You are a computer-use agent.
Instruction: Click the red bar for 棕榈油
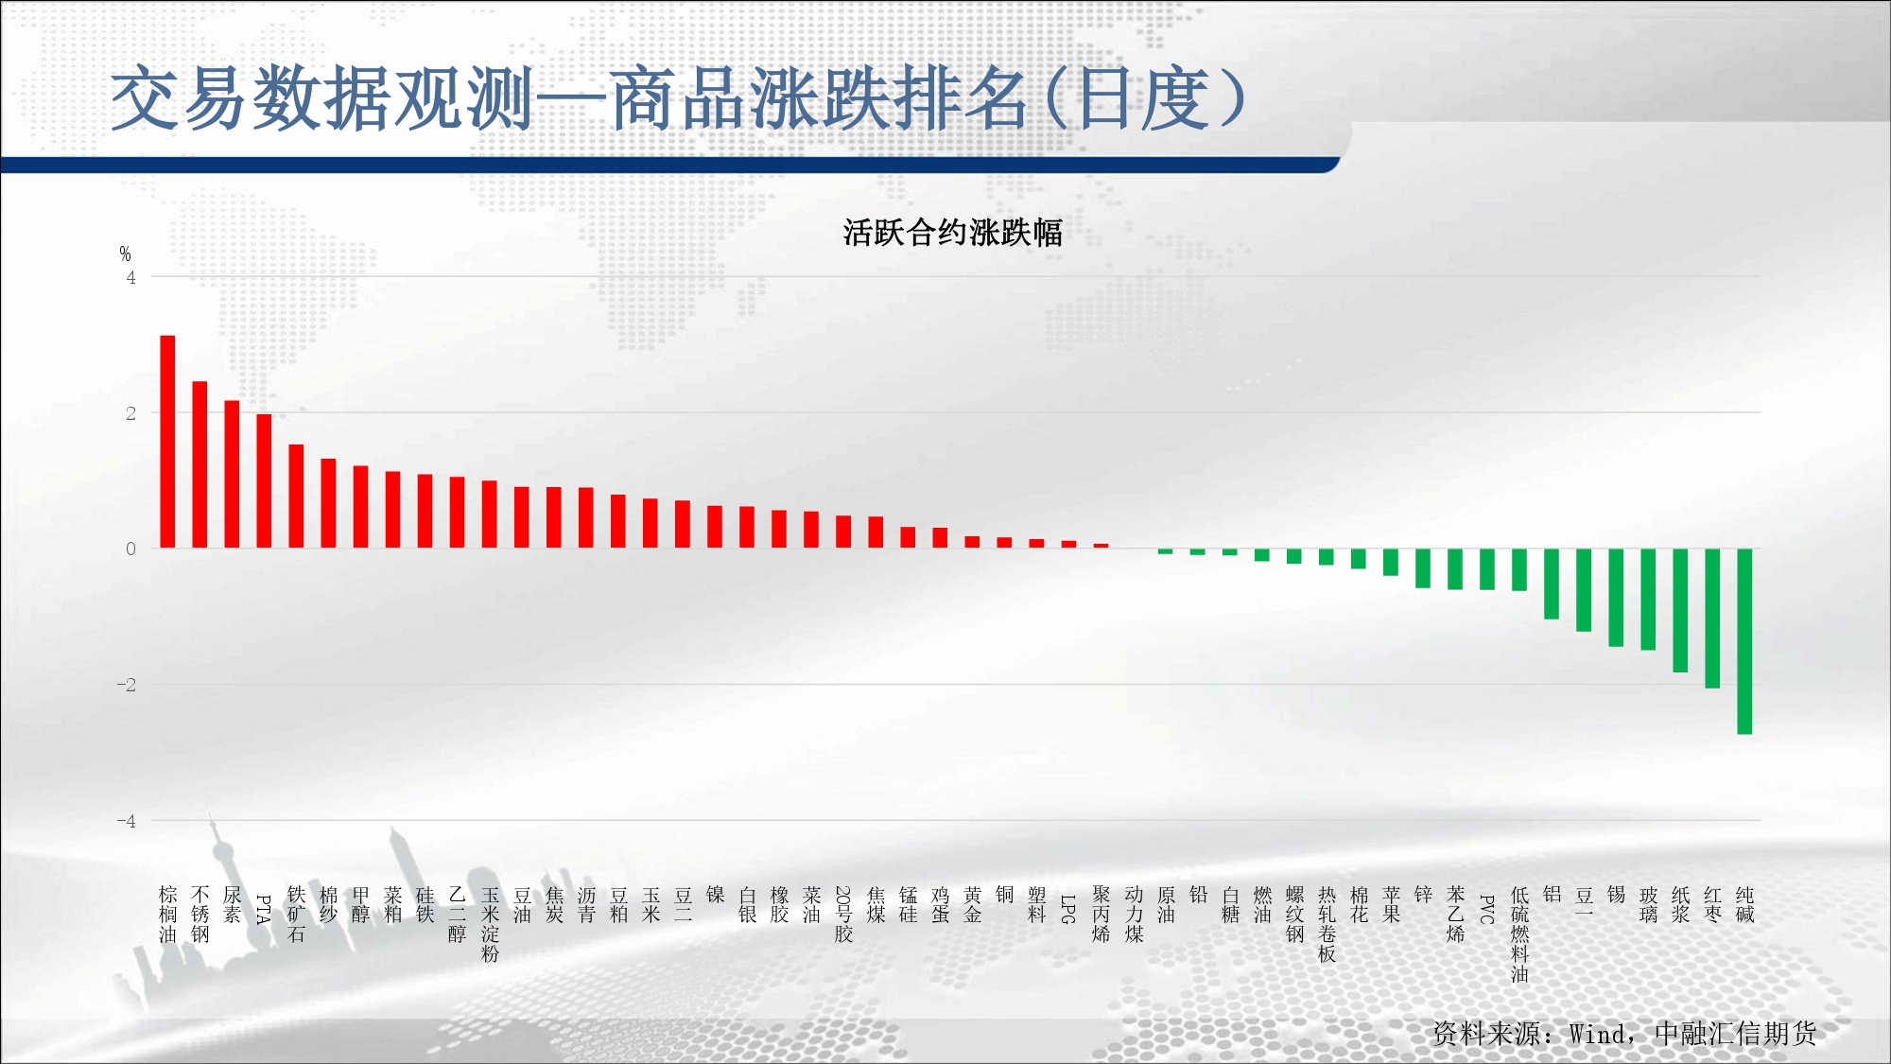tap(167, 442)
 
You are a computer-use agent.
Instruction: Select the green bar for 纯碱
tap(1744, 641)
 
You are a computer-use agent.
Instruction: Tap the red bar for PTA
tap(264, 481)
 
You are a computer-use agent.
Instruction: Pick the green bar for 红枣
tap(1712, 619)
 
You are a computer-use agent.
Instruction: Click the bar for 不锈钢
tap(200, 464)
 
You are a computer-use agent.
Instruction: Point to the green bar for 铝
tap(1552, 584)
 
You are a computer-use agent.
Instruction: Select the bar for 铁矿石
tap(296, 497)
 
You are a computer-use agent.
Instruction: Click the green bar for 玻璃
tap(1648, 600)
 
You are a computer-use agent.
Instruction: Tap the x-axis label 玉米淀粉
tap(490, 924)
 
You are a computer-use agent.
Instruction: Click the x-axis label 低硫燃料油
tap(1519, 934)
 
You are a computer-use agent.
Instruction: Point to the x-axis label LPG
tap(1068, 909)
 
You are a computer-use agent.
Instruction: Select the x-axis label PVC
tap(1486, 909)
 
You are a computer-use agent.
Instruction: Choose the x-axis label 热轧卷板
tap(1327, 924)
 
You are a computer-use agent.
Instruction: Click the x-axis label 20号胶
tap(843, 915)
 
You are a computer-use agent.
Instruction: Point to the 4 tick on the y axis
tap(130, 277)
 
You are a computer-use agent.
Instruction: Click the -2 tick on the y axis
tap(127, 685)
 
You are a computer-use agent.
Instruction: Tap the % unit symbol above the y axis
tap(125, 253)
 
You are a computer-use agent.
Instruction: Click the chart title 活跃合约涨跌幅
tap(953, 232)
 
